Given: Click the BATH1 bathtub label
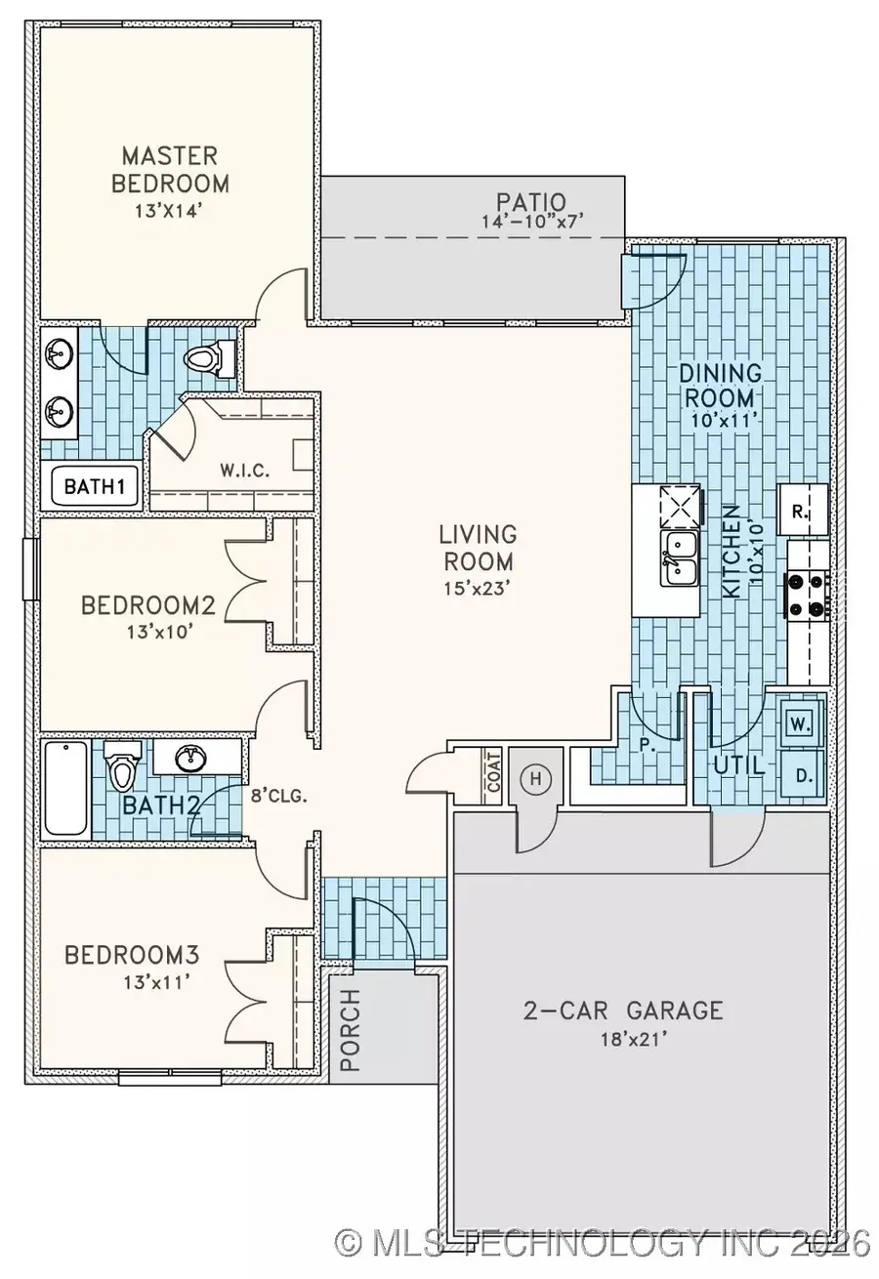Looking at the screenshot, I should pos(88,485).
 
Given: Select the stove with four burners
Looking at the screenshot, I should pos(809,596).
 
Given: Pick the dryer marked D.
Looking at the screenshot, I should pos(803,776).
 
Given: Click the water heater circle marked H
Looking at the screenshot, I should pos(534,778).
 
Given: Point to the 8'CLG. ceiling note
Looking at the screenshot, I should pos(281,795).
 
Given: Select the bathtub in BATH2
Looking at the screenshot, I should pos(65,788).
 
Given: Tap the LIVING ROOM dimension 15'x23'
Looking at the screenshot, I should pos(477,589).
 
